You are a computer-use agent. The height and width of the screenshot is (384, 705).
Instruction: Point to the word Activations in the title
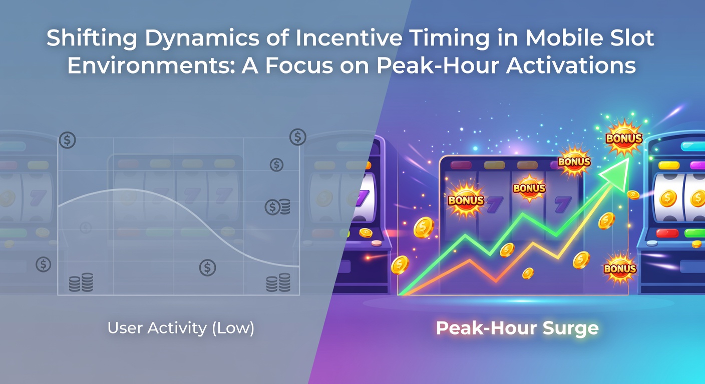pyautogui.click(x=571, y=65)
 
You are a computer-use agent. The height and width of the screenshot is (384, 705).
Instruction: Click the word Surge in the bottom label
pyautogui.click(x=570, y=328)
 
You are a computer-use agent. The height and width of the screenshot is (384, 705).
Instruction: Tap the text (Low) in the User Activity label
pyautogui.click(x=233, y=328)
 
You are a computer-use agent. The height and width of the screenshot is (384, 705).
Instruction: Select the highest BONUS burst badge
pyautogui.click(x=624, y=138)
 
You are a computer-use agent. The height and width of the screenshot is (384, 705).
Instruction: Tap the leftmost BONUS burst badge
pyautogui.click(x=466, y=200)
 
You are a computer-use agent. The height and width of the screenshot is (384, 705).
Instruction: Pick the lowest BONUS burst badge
pyautogui.click(x=620, y=268)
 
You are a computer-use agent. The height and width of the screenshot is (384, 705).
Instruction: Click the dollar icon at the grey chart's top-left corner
pyautogui.click(x=68, y=140)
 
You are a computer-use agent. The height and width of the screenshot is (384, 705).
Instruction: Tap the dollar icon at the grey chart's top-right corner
pyautogui.click(x=298, y=136)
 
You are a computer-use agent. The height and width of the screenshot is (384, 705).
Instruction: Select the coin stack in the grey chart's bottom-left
pyautogui.click(x=81, y=282)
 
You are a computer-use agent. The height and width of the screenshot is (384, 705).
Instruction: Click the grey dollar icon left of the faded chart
pyautogui.click(x=44, y=264)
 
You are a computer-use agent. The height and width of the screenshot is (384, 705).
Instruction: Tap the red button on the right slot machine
pyautogui.click(x=667, y=233)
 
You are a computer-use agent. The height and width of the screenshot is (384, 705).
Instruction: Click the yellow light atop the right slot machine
pyautogui.click(x=669, y=165)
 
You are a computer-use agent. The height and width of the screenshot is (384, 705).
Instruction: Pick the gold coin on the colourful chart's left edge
pyautogui.click(x=400, y=264)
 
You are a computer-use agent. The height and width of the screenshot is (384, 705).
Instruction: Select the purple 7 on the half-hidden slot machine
pyautogui.click(x=365, y=198)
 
